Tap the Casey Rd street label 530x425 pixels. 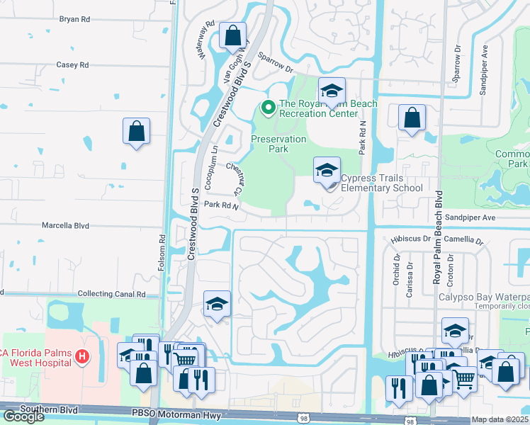pyautogui.click(x=72, y=64)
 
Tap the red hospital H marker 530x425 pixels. pyautogui.click(x=83, y=356)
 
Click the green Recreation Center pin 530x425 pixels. pyautogui.click(x=268, y=108)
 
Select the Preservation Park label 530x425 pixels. pyautogui.click(x=278, y=144)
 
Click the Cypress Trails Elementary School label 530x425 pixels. pyautogui.click(x=381, y=183)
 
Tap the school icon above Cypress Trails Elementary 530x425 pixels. pyautogui.click(x=326, y=170)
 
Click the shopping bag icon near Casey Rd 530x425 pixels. pyautogui.click(x=136, y=132)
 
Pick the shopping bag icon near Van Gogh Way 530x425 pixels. pyautogui.click(x=232, y=35)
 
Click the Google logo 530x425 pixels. pyautogui.click(x=23, y=416)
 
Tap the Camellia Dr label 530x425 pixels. pyautogui.click(x=470, y=242)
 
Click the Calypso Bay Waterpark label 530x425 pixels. pyautogui.click(x=483, y=297)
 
